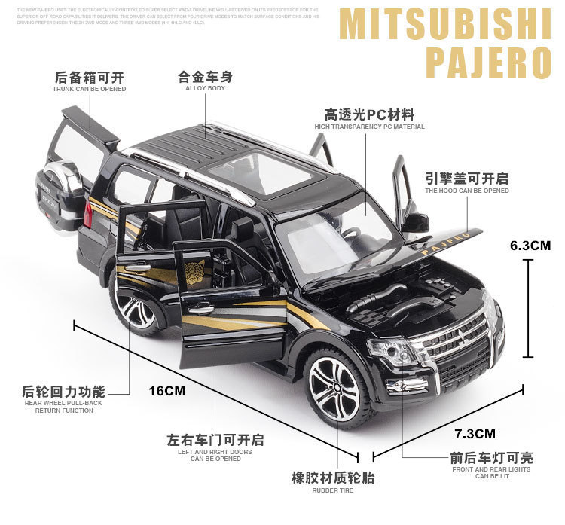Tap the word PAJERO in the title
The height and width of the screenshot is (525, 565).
coord(488,63)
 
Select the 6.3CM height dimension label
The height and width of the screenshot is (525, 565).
coord(530,245)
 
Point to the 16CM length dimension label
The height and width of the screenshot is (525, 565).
coord(166,390)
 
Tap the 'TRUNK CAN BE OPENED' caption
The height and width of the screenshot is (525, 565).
coord(89,88)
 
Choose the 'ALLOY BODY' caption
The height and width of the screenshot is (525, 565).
coord(205,88)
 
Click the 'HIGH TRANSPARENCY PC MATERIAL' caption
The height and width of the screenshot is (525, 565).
coord(369,127)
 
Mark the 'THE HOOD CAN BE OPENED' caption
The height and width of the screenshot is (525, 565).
coord(466,191)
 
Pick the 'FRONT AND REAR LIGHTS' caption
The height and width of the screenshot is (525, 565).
coord(490,469)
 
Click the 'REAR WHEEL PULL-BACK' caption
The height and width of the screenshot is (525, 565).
coord(63,403)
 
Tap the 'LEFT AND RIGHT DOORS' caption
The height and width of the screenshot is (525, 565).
coord(215,451)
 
